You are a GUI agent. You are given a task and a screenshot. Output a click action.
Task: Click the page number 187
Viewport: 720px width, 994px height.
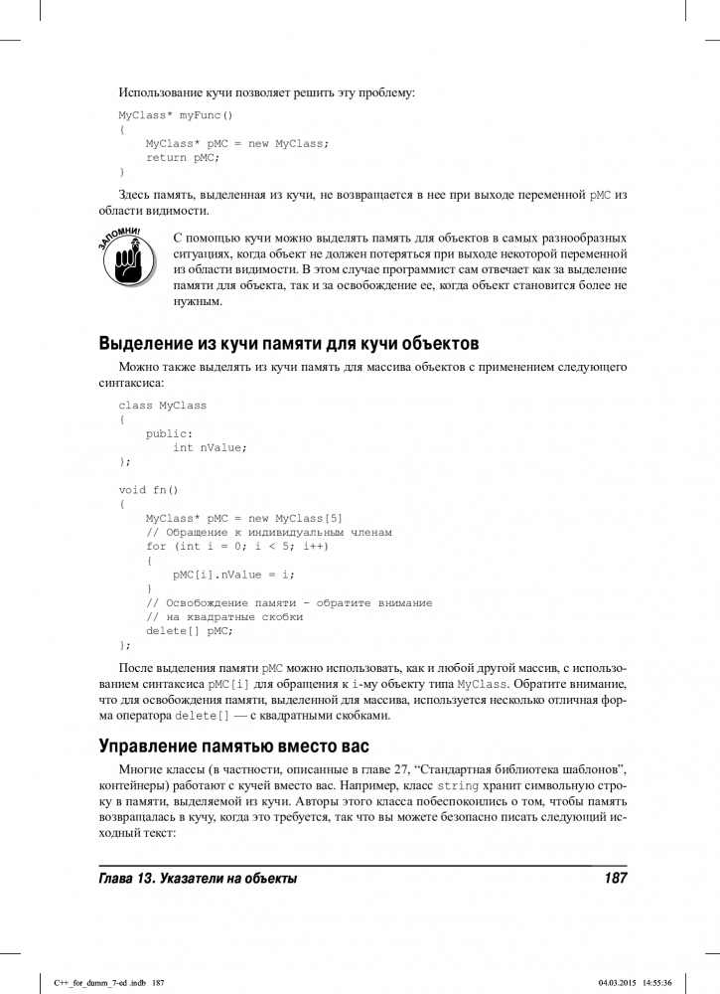(615, 879)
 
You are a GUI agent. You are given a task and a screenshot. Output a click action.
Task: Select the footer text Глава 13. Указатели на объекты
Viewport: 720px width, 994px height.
(198, 879)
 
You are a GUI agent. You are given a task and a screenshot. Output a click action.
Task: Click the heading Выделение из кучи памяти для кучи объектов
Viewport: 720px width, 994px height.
(289, 344)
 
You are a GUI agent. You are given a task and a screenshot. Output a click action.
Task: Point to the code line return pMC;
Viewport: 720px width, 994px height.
(182, 158)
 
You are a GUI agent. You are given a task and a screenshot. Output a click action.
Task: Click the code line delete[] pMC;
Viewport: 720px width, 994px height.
(189, 630)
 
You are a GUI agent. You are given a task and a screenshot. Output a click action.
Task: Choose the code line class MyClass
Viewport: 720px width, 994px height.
(162, 405)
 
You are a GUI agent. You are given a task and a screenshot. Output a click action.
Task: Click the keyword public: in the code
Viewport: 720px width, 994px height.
(169, 433)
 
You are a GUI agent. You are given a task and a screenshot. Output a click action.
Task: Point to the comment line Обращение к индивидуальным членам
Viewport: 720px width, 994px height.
(268, 532)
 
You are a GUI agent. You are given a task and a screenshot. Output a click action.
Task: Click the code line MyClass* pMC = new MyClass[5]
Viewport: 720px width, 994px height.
(243, 518)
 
